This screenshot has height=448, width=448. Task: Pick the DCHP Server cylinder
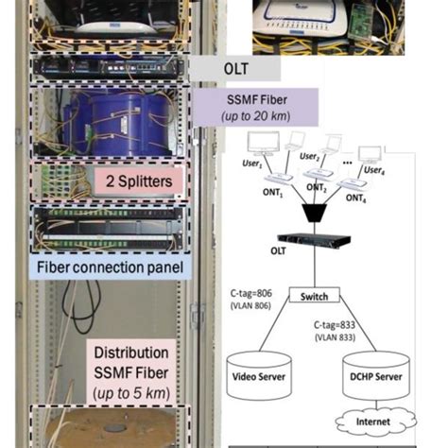point(376,375)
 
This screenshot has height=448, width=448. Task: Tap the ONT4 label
point(357,198)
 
